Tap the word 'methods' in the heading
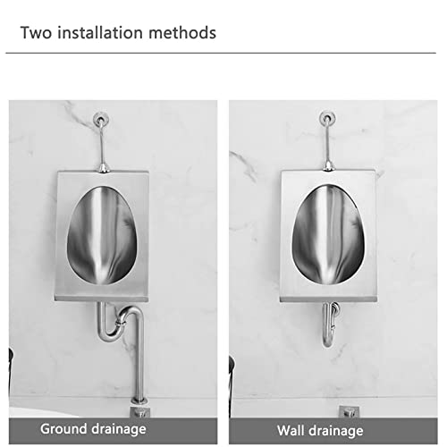point(183,34)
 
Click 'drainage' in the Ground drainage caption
point(119,429)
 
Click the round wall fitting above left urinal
point(102,117)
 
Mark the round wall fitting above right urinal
point(327,116)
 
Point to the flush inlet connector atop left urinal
point(104,166)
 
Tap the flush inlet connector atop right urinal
point(328,165)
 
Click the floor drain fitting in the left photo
point(139,409)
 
